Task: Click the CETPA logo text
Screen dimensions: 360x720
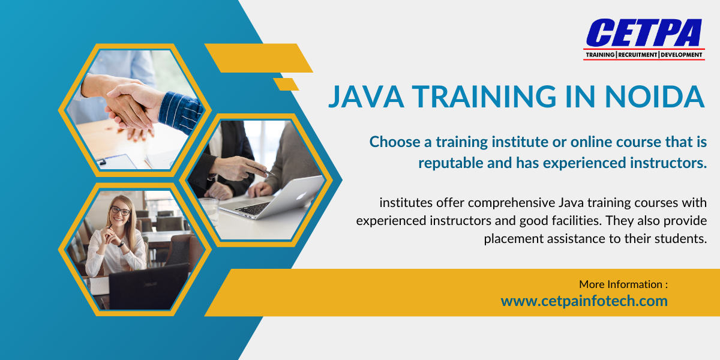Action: (644, 33)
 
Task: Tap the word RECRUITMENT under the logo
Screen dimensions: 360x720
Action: (637, 55)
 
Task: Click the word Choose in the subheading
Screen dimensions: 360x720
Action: (392, 142)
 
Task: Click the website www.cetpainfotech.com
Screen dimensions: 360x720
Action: (584, 301)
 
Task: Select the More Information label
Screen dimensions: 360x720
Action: (623, 284)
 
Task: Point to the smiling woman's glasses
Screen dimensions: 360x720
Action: (119, 211)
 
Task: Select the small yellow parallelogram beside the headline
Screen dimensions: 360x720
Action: (286, 84)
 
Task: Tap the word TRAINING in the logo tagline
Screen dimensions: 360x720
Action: (600, 55)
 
